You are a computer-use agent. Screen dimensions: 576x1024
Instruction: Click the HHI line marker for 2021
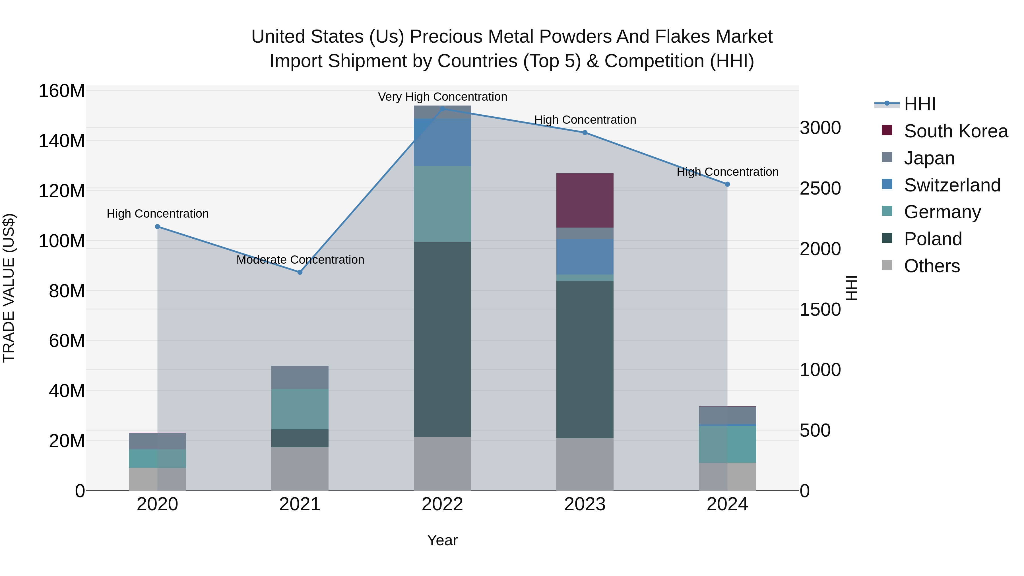click(x=300, y=272)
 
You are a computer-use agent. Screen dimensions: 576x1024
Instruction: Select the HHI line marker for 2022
click(x=442, y=109)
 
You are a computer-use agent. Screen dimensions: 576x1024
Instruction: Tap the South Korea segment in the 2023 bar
click(x=585, y=200)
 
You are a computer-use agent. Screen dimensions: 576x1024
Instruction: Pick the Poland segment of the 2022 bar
click(x=442, y=339)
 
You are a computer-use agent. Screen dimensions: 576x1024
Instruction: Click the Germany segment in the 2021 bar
click(x=300, y=409)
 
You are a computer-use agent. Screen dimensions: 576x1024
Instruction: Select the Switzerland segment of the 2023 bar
click(x=585, y=256)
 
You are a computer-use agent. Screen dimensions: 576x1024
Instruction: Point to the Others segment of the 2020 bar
click(x=157, y=479)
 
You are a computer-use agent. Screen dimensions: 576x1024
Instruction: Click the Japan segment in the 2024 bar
click(x=727, y=415)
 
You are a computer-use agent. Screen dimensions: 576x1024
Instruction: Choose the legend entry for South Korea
click(x=956, y=131)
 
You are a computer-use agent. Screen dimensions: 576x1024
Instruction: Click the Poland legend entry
click(x=933, y=239)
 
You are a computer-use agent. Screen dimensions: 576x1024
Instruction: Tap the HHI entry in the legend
click(x=919, y=104)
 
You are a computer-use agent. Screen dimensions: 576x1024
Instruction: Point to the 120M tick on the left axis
click(x=62, y=191)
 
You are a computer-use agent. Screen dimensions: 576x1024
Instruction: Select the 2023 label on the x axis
click(x=585, y=504)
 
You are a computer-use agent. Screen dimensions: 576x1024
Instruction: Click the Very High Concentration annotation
click(x=442, y=97)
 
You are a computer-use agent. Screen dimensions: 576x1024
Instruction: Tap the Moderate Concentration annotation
click(x=300, y=260)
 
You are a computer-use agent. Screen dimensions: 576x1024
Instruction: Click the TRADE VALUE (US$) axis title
click(x=9, y=288)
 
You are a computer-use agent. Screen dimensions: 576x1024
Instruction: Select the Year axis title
click(x=442, y=540)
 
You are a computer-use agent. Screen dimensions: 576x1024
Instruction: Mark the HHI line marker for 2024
click(x=727, y=184)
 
